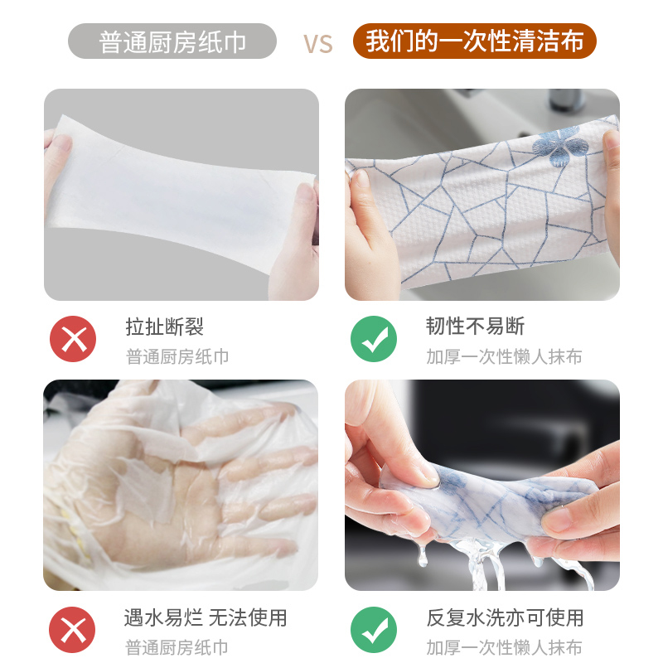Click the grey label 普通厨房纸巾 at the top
point(172,41)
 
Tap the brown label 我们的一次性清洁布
point(474,41)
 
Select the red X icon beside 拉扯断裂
point(73,339)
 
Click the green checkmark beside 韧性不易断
point(374,339)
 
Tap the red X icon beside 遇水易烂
point(73,629)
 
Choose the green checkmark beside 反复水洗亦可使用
point(374,629)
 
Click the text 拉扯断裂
point(164,327)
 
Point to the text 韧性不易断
point(475,327)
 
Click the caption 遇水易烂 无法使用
point(206,617)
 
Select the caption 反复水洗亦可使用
point(505,617)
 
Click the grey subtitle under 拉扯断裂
point(177,357)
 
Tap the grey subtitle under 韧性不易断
point(504,357)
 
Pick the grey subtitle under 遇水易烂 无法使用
point(177,647)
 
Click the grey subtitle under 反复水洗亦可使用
point(504,647)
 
